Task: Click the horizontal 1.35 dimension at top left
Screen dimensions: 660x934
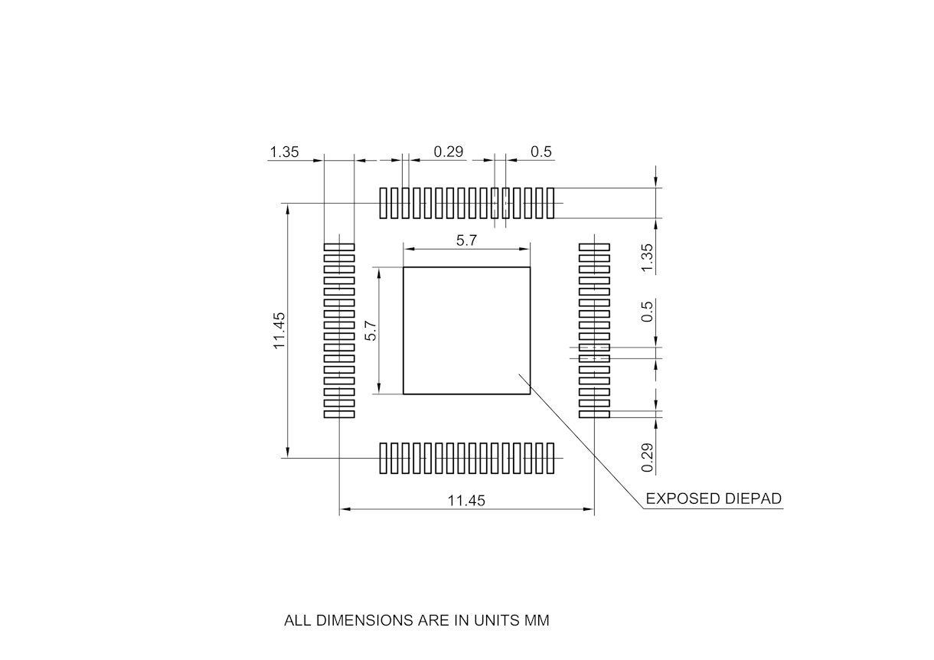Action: [284, 152]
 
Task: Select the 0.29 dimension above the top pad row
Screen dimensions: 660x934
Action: [449, 152]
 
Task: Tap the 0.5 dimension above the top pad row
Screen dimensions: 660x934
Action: [541, 152]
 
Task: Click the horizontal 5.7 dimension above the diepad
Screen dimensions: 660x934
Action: [467, 240]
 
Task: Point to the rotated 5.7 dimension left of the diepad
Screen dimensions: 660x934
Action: [371, 330]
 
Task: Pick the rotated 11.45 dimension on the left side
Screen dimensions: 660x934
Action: [279, 330]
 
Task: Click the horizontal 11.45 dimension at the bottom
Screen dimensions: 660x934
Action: [467, 501]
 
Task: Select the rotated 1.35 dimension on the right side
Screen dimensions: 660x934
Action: [648, 257]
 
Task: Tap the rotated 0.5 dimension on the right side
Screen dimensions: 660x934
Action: [648, 311]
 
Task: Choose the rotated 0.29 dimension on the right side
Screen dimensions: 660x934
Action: [648, 457]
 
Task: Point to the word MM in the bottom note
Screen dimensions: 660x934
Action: [537, 620]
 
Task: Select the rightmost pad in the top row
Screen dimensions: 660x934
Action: [550, 203]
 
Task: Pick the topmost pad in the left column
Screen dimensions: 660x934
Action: [339, 247]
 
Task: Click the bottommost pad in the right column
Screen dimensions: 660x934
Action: [594, 414]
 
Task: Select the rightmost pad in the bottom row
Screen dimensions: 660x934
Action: [550, 458]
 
